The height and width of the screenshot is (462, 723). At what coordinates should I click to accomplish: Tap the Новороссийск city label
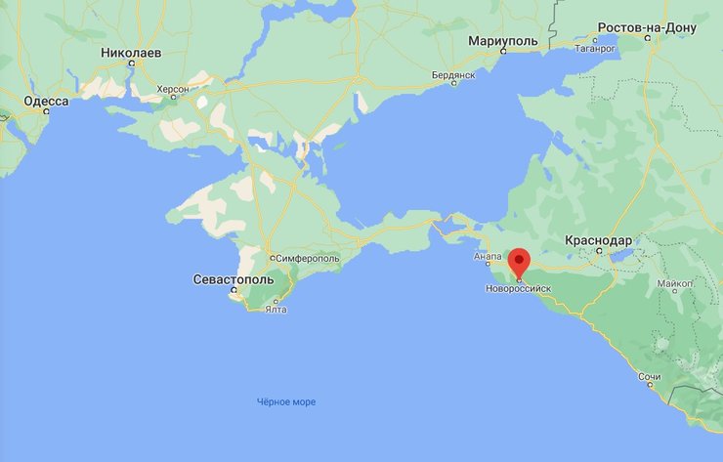point(518,289)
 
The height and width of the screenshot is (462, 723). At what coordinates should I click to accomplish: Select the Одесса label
point(46,101)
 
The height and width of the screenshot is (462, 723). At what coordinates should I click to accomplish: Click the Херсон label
point(173,88)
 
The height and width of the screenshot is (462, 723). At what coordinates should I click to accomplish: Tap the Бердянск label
point(453,75)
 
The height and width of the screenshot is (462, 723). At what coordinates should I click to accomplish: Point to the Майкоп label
point(675,283)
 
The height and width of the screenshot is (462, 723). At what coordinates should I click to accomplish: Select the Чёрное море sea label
point(286,401)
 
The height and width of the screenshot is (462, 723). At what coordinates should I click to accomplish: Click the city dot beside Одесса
point(45,111)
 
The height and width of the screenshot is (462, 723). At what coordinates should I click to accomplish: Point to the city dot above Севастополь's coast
point(233,290)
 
